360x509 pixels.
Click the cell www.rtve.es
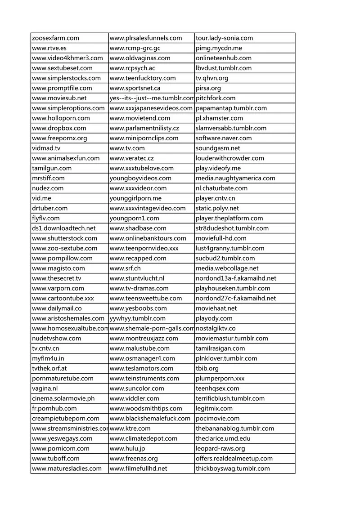(x=49, y=48)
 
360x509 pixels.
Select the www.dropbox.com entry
(x=59, y=128)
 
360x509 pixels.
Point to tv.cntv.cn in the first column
(x=45, y=348)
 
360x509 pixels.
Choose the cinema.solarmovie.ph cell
(x=63, y=398)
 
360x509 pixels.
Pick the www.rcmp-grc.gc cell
(x=135, y=48)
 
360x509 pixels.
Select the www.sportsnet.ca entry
(x=135, y=88)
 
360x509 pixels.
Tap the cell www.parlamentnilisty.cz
(x=144, y=128)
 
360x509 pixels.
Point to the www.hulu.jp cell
(x=127, y=448)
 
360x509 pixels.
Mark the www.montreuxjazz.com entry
(x=144, y=339)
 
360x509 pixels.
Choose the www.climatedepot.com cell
(x=144, y=438)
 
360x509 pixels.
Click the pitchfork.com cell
(x=216, y=98)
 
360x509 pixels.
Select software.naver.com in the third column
(x=224, y=138)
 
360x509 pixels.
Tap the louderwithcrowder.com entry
(x=230, y=158)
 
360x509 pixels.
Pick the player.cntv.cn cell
(x=216, y=198)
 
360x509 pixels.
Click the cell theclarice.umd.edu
(x=223, y=438)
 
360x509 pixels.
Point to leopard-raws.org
(x=220, y=448)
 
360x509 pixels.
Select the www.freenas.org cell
(x=134, y=459)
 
